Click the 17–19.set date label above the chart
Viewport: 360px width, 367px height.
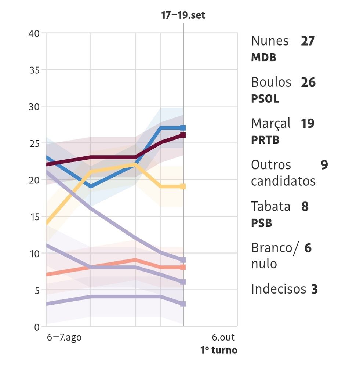pos(183,15)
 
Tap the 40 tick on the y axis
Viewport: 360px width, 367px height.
pos(34,33)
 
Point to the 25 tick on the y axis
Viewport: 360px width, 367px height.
pos(34,143)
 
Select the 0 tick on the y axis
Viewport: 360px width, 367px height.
pos(37,327)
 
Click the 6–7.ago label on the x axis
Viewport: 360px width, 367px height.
pos(64,337)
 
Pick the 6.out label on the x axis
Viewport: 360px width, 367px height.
pos(223,337)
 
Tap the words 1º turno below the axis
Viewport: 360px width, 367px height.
pos(219,350)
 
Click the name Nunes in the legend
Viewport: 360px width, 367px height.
pos(270,41)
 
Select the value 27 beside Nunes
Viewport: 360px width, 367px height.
pos(308,41)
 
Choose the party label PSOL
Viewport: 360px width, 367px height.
pos(265,99)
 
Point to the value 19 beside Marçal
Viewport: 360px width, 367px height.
pos(308,124)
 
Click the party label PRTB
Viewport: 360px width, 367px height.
pos(265,140)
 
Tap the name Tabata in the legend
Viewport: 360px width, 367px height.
pos(270,207)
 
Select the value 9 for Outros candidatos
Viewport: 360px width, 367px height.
pos(324,165)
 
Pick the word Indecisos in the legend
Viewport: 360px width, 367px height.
pos(279,289)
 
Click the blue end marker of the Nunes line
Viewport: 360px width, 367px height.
pos(183,128)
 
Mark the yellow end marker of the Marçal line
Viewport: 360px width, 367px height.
pos(183,187)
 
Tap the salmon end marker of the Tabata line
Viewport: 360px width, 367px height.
pos(183,267)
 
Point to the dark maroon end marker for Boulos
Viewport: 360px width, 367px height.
pos(183,135)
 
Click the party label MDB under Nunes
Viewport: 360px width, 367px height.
pos(263,58)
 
